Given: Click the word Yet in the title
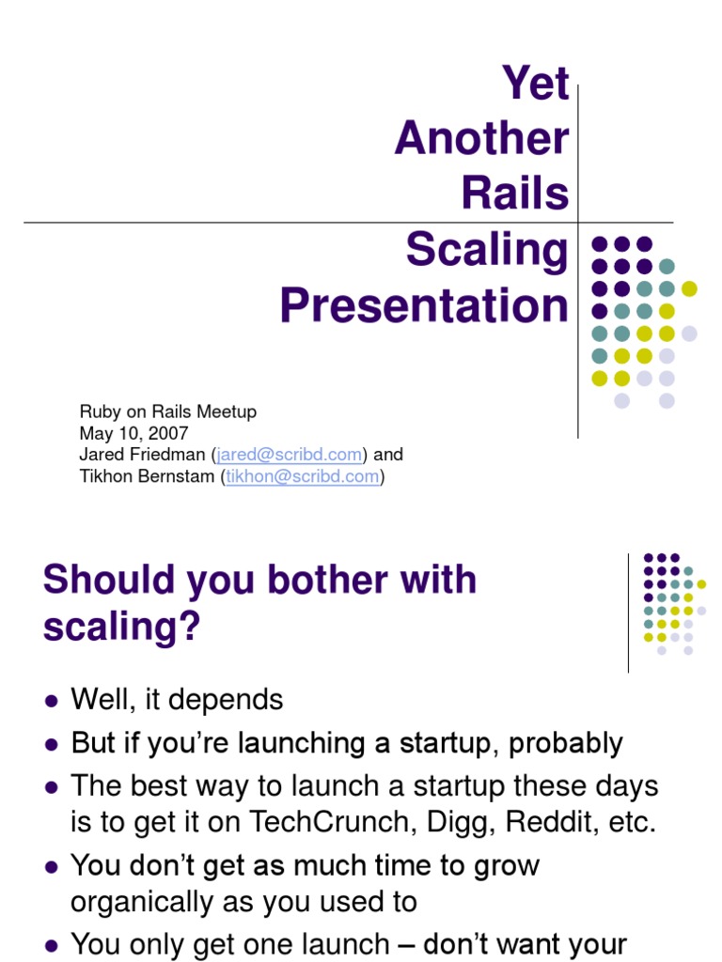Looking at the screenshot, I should click(536, 84).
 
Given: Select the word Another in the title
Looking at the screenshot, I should click(481, 139).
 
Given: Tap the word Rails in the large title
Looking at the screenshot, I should click(515, 194).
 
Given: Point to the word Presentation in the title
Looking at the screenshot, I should click(424, 306).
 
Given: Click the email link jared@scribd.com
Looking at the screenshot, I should click(290, 455).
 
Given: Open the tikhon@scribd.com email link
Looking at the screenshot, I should click(303, 476).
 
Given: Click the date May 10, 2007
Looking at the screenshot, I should click(134, 433).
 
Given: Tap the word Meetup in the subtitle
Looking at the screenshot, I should click(227, 411).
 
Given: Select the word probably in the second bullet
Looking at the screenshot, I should click(566, 743).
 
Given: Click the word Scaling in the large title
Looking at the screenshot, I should click(487, 251).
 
